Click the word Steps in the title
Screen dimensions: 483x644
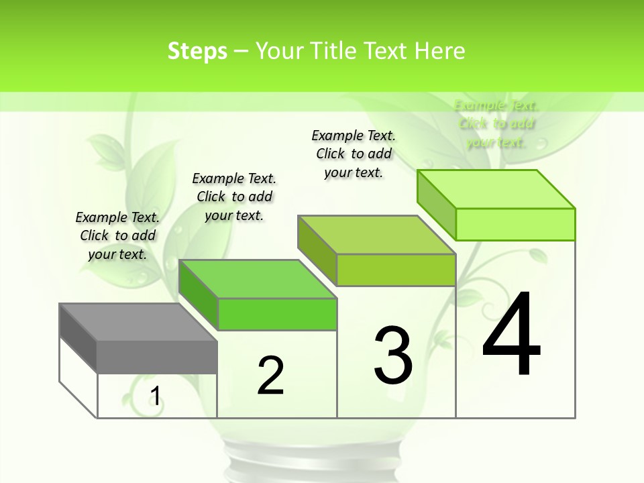(x=197, y=51)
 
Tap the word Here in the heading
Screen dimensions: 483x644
(x=439, y=51)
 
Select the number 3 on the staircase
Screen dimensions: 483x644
(x=393, y=356)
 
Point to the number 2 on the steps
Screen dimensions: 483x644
(x=270, y=375)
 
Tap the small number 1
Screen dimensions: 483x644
(x=155, y=396)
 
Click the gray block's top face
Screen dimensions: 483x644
(x=138, y=322)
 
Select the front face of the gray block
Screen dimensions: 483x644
(x=157, y=357)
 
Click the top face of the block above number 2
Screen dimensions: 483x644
(x=257, y=279)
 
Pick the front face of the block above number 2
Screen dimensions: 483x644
(x=277, y=315)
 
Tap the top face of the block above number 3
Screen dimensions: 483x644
(x=376, y=235)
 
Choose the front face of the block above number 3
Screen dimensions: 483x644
(x=396, y=270)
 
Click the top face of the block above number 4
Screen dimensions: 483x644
(x=496, y=189)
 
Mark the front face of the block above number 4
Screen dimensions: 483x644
(x=515, y=224)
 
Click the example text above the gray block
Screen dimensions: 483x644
(x=117, y=235)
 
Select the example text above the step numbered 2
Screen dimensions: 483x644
(x=234, y=197)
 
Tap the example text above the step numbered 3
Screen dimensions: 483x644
(x=354, y=154)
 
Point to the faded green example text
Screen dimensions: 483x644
(x=496, y=123)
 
